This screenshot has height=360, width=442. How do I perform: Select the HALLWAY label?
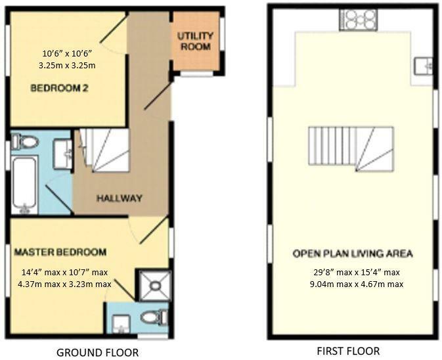(x=119, y=198)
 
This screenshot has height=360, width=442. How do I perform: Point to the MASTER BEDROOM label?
(x=60, y=252)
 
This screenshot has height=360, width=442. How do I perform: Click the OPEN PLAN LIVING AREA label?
(x=353, y=254)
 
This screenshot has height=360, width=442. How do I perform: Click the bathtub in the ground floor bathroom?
(x=24, y=185)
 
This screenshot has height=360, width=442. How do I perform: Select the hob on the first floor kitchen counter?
(x=359, y=19)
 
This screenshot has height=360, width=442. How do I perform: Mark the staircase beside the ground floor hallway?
(x=104, y=150)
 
